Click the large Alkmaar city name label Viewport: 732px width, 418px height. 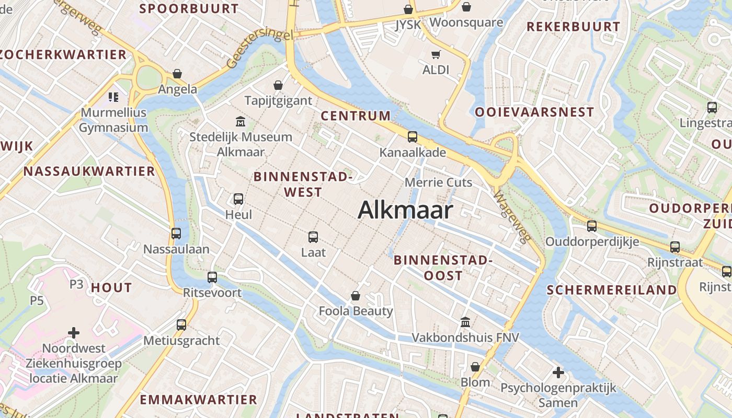pos(405,210)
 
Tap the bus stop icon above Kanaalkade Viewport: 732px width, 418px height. pos(413,137)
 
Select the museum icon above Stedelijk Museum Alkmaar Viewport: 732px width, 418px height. pos(241,122)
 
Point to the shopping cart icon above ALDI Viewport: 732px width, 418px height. pos(436,54)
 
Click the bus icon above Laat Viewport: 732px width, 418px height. pos(313,237)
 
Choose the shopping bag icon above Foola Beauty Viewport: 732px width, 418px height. pos(356,296)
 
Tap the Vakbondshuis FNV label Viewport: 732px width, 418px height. pos(465,338)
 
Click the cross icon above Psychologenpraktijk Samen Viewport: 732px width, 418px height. pos(558,373)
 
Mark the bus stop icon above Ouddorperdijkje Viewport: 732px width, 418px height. pos(592,226)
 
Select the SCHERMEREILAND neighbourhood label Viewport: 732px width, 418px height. pos(612,290)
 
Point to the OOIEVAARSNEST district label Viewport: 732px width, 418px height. pos(534,112)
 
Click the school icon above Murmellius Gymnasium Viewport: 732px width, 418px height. pos(113,97)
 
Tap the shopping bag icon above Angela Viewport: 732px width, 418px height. pos(177,74)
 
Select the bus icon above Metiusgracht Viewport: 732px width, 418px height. pos(181,325)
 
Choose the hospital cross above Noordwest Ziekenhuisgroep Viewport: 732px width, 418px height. pos(74,333)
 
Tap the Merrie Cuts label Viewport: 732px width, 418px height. pos(439,182)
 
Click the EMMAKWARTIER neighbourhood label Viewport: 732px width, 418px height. pos(198,400)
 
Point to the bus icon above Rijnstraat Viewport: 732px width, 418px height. pos(675,247)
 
